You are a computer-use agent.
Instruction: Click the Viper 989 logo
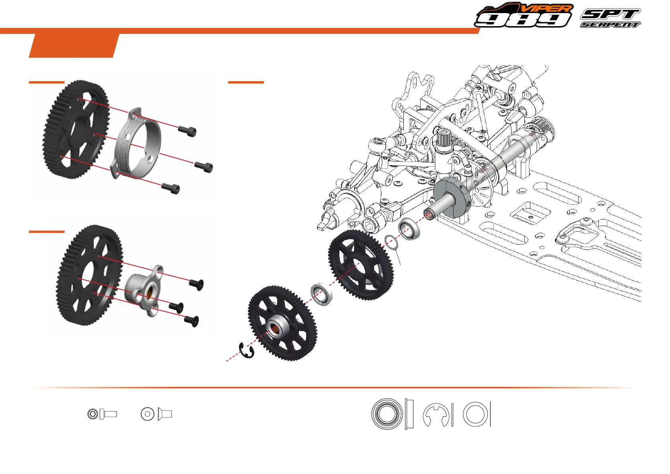click(524, 15)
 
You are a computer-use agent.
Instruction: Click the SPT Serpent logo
click(610, 18)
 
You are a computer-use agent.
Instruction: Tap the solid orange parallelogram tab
click(74, 45)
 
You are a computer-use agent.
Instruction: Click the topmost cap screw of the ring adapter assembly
click(187, 131)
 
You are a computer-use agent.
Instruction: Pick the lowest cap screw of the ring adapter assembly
click(171, 188)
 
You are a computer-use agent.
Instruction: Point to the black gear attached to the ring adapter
click(76, 129)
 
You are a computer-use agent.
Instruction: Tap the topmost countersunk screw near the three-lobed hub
click(196, 284)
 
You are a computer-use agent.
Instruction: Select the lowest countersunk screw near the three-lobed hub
click(191, 321)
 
